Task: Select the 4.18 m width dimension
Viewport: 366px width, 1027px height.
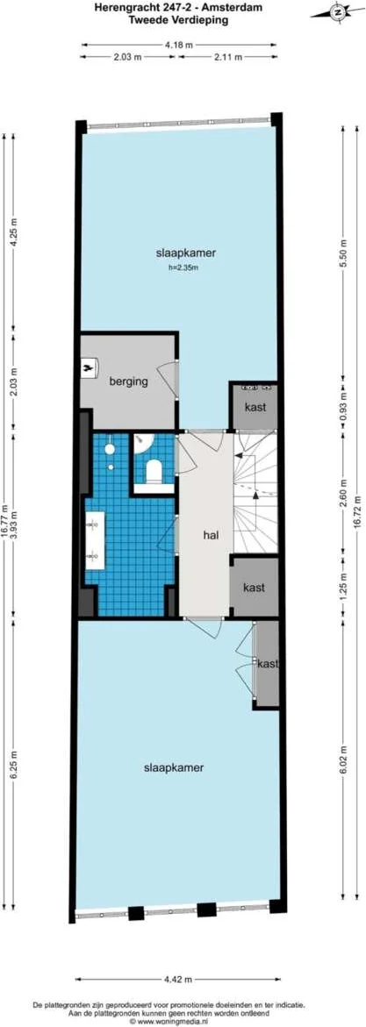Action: click(x=179, y=41)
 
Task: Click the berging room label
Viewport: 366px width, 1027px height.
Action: click(x=127, y=382)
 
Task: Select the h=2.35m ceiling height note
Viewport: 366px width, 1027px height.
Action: click(x=182, y=267)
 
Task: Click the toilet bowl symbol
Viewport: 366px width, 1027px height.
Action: click(x=154, y=471)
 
